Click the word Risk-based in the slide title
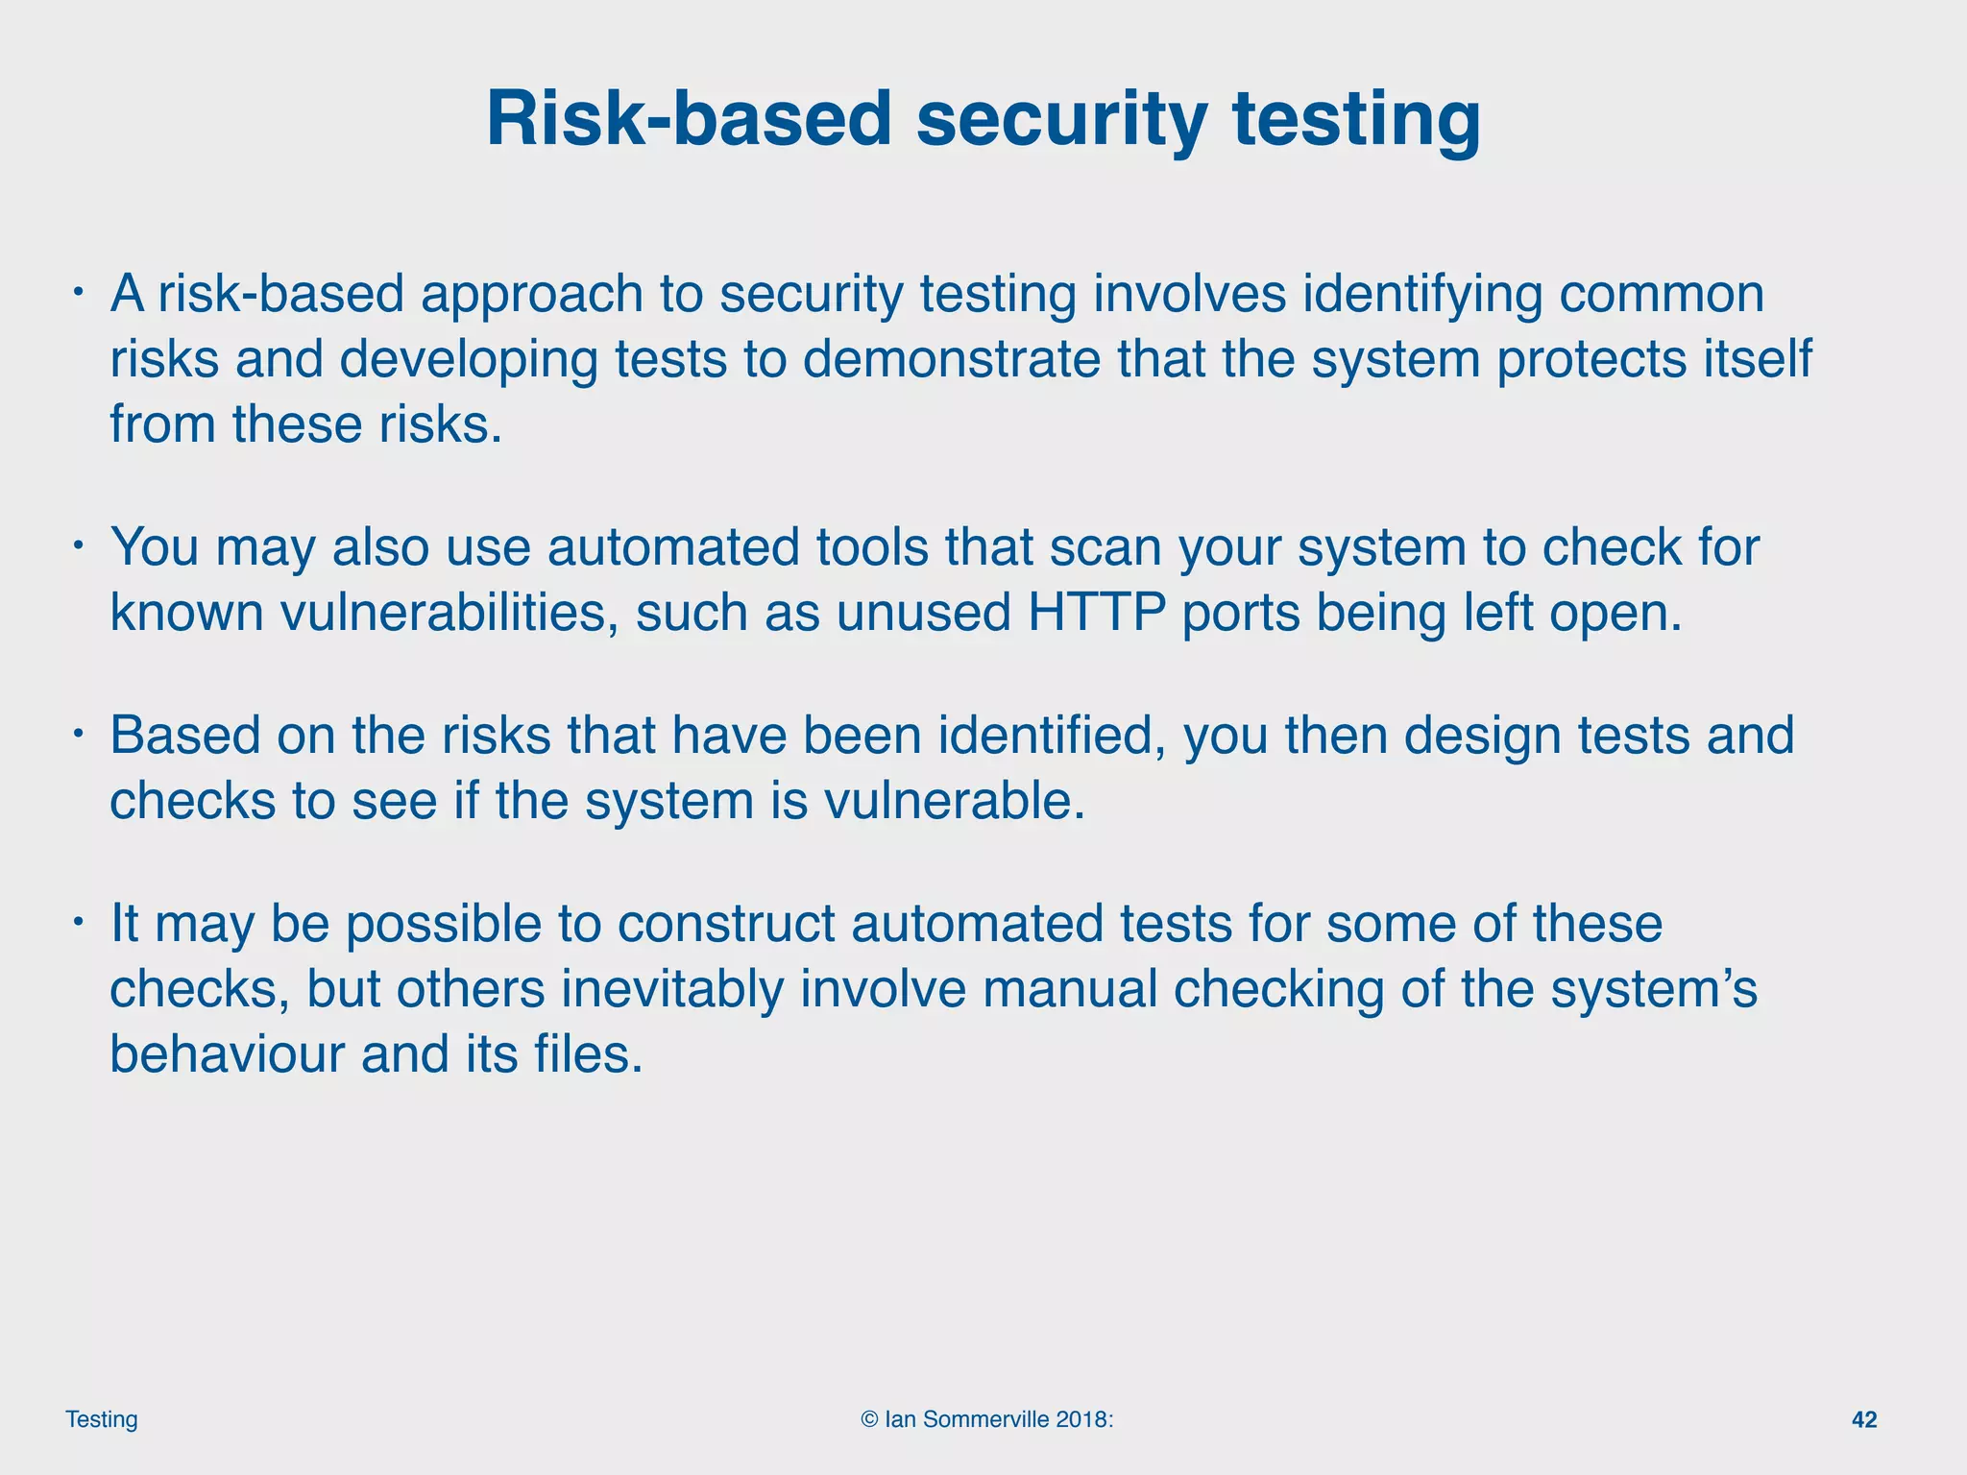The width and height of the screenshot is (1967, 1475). pyautogui.click(x=689, y=119)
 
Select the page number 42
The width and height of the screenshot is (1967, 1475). pyautogui.click(x=1863, y=1419)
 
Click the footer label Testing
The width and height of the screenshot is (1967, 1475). pyautogui.click(x=102, y=1419)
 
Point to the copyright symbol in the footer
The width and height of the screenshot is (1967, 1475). pyautogui.click(x=869, y=1419)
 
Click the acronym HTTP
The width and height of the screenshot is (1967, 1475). pyautogui.click(x=1097, y=612)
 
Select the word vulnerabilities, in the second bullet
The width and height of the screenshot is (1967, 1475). pyautogui.click(x=449, y=612)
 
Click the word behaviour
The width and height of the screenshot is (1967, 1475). pyautogui.click(x=228, y=1053)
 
